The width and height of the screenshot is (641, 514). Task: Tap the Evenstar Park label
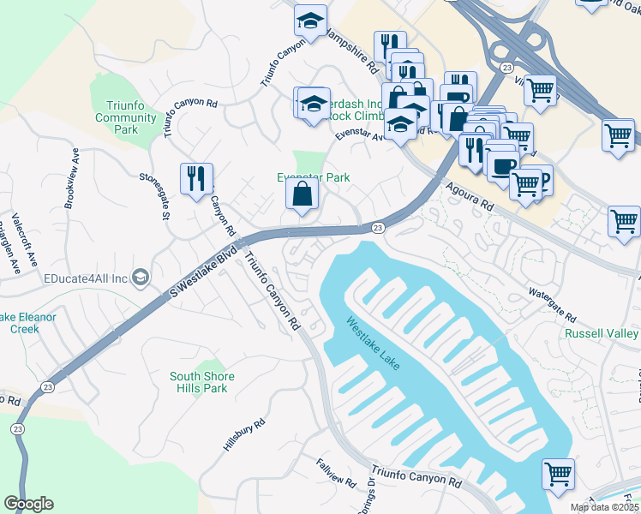(x=313, y=177)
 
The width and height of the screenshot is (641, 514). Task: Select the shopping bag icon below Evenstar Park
(x=302, y=195)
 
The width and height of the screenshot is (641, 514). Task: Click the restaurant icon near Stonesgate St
(x=196, y=178)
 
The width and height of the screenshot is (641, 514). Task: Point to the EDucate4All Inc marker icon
(x=141, y=277)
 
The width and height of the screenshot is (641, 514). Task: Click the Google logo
(x=28, y=504)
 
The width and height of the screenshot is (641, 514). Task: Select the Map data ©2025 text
(x=604, y=507)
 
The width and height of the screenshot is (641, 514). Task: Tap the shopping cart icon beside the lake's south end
(x=559, y=473)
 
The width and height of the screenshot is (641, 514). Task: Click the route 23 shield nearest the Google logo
(x=18, y=428)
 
